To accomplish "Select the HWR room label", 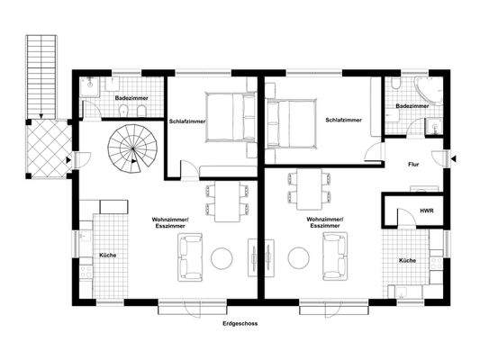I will coord(426,211).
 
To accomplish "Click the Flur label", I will coord(413,165).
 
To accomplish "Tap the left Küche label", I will coord(107,255).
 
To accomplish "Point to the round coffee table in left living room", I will coord(222,259).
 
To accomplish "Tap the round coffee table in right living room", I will coord(298,259).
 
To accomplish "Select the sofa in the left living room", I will coord(190,256).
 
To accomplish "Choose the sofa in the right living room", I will coord(333,256).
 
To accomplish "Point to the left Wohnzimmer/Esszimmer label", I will coord(158,222).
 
